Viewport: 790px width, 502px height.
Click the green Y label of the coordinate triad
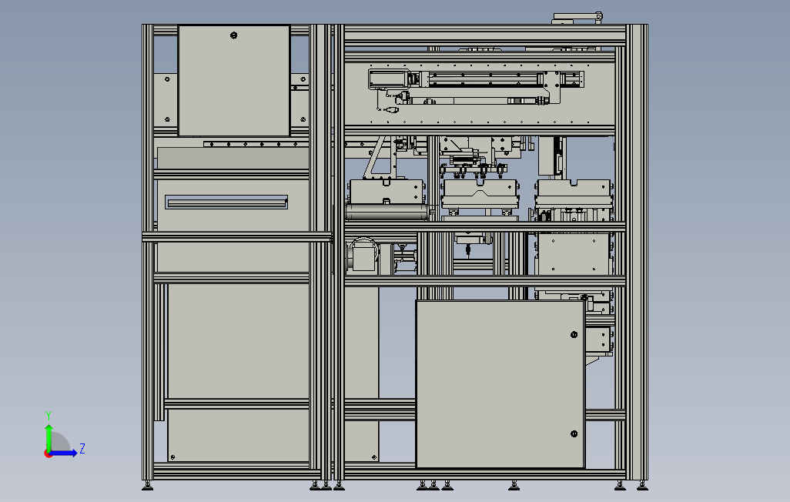coord(49,415)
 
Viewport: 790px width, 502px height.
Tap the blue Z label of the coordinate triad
coord(82,448)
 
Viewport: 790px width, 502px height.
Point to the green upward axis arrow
coord(49,436)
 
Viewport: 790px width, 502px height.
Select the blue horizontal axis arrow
coord(65,453)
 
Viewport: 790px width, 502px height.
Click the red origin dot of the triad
coord(48,453)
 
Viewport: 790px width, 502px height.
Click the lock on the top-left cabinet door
coord(234,35)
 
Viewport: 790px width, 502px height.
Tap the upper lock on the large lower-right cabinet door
coord(574,334)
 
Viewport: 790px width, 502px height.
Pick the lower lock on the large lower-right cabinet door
coord(574,434)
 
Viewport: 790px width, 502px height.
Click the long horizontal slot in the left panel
coord(226,202)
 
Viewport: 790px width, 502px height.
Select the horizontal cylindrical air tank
coord(386,212)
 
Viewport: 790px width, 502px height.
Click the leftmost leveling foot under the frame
coord(147,485)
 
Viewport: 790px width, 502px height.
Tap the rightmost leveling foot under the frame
coord(642,485)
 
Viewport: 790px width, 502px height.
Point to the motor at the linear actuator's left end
coord(389,79)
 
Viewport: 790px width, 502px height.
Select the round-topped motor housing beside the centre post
coord(361,256)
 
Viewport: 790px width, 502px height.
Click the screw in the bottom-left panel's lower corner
coord(172,457)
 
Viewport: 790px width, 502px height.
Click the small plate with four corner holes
coord(598,338)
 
